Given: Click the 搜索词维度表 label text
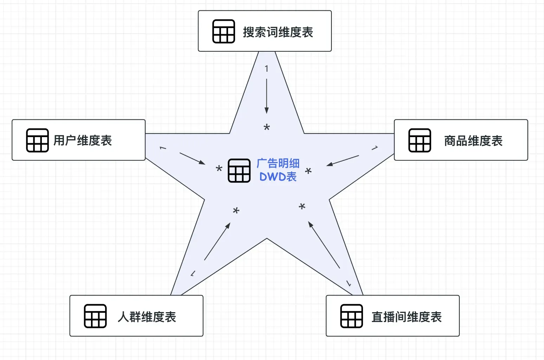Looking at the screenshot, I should tap(278, 32).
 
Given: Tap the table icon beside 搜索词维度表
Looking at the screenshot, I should tap(224, 31).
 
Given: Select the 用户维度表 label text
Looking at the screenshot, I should tap(83, 141).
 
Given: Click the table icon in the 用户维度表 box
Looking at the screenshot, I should tap(37, 140).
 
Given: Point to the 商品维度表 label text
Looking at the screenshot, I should tap(473, 141).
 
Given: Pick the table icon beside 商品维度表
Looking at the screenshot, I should tap(420, 140).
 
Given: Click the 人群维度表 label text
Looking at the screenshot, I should tap(147, 317).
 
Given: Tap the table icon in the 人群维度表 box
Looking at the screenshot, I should tap(95, 316).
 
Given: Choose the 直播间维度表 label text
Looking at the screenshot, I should tap(407, 317).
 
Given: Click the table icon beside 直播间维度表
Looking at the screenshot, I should tap(351, 316).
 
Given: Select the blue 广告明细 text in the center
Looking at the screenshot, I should tap(278, 163).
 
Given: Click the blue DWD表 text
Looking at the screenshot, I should tap(278, 176).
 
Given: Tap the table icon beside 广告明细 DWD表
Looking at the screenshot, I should tap(239, 171).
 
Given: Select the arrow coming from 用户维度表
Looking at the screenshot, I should tap(192, 159).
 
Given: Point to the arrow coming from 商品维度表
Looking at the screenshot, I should tap(343, 160).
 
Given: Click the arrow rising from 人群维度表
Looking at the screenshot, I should tap(217, 242).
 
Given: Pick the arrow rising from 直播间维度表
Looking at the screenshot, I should tap(324, 245).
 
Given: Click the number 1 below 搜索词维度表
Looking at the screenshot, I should tap(266, 69).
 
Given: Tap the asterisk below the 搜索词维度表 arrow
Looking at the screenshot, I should tap(267, 128).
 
